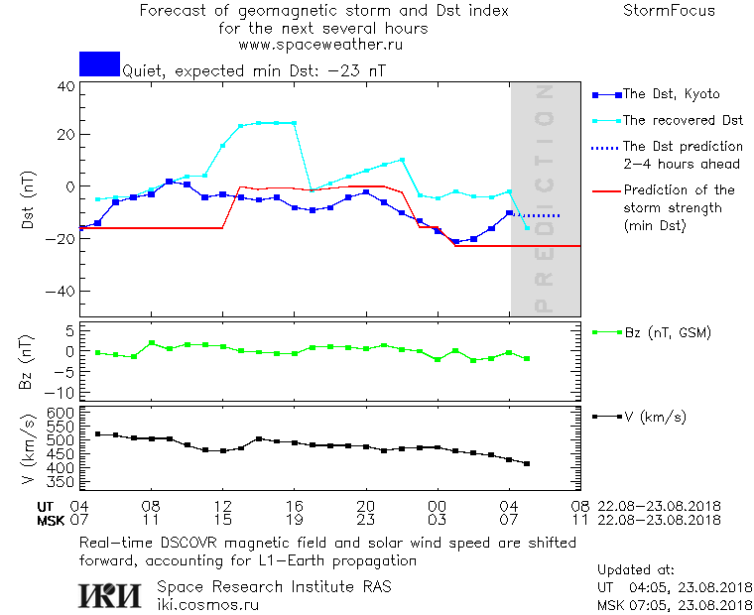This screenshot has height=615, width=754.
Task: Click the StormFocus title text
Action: [x=668, y=11]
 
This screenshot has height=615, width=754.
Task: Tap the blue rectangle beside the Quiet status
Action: [x=99, y=63]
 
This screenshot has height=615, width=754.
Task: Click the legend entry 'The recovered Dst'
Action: [x=683, y=121]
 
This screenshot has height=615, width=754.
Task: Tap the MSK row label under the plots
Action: [x=51, y=519]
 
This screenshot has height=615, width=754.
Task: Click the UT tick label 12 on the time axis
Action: [x=222, y=505]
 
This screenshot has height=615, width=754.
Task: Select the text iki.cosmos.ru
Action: [x=208, y=604]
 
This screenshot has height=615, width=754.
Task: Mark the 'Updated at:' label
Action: [x=636, y=570]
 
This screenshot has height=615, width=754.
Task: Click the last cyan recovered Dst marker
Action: [x=527, y=227]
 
